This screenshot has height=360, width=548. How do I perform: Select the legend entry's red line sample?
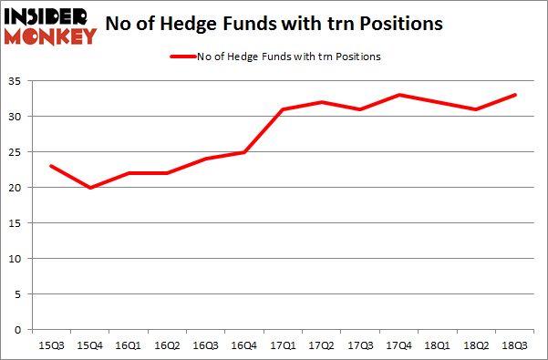(x=181, y=57)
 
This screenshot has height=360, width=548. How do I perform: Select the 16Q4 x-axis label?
(x=243, y=345)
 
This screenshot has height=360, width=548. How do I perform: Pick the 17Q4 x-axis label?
(x=398, y=345)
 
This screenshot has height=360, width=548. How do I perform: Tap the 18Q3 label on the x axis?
(x=514, y=345)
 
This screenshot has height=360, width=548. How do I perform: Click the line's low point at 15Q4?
(x=88, y=188)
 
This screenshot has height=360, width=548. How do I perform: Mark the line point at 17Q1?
(x=283, y=109)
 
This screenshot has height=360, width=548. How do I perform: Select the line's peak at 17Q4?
(x=398, y=95)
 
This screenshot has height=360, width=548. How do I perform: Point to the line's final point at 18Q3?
(x=514, y=95)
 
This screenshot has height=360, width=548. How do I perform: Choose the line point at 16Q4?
(x=243, y=152)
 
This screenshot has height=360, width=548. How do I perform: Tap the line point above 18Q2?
(x=476, y=109)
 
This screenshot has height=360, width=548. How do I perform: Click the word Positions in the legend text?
(x=357, y=57)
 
